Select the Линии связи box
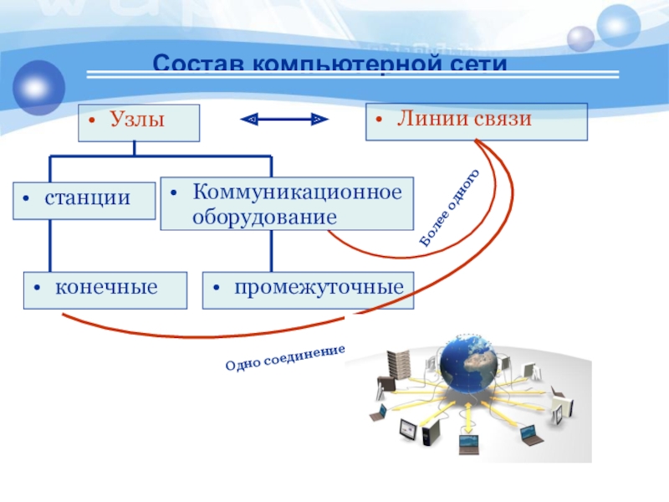point(477,120)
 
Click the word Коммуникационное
point(298,192)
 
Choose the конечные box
point(105,289)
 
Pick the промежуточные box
point(309,289)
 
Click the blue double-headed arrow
point(284,120)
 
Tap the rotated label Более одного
point(451,207)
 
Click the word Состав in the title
point(199,64)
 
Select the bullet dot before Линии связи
point(379,121)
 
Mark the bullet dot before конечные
point(38,289)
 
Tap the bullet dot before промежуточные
point(217,289)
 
